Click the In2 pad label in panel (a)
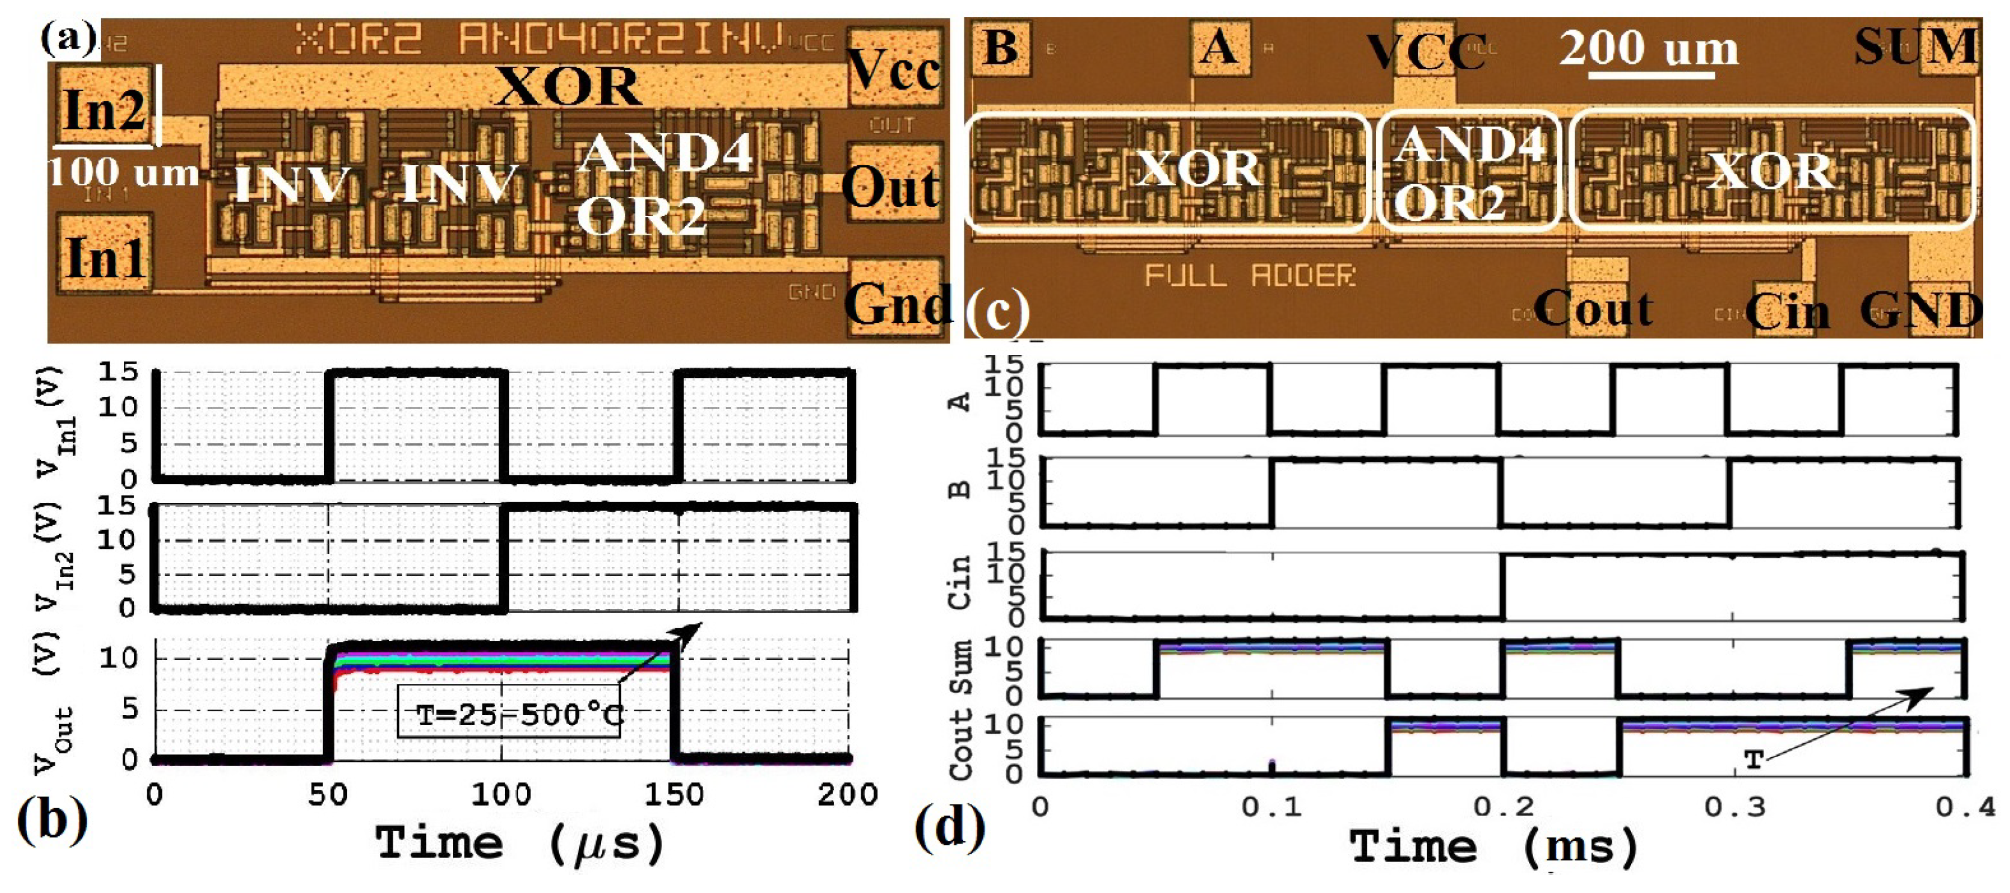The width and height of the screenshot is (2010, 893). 105,110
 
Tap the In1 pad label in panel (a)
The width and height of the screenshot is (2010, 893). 106,258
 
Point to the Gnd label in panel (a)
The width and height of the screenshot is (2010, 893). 898,304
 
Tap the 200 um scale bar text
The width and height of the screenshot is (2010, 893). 1649,48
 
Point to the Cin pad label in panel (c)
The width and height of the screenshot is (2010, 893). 1787,312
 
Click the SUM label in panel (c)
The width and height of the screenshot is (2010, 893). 1916,46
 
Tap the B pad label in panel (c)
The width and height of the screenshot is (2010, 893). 1000,47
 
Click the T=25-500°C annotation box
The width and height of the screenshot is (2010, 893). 509,712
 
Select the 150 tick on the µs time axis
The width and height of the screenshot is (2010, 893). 674,796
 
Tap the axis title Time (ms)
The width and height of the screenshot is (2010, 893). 1493,847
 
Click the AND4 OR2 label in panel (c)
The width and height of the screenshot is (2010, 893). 1469,174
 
